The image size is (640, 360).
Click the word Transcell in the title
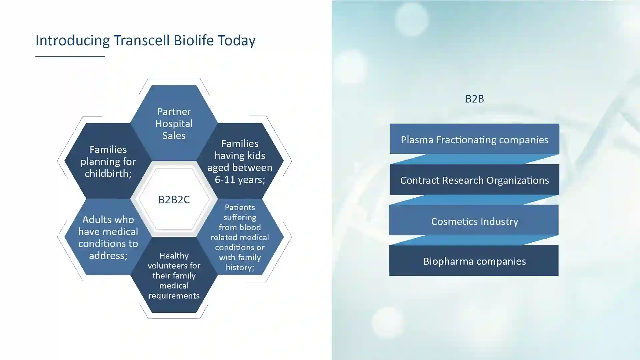click(x=142, y=40)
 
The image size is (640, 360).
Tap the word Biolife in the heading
click(x=194, y=40)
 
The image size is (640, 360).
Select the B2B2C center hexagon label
click(x=174, y=199)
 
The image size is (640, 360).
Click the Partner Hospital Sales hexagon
click(x=174, y=123)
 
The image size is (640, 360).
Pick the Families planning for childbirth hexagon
click(x=108, y=161)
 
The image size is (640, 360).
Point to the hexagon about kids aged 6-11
click(x=240, y=161)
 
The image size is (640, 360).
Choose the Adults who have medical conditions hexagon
click(x=108, y=237)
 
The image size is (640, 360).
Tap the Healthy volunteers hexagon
click(x=174, y=275)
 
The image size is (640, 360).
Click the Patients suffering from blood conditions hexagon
click(x=240, y=237)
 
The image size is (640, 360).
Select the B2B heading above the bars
click(x=475, y=99)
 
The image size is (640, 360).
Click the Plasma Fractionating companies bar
click(x=475, y=139)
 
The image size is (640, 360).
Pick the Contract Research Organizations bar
click(x=475, y=180)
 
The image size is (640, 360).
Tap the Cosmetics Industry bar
click(x=474, y=220)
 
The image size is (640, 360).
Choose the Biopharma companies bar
click(x=474, y=261)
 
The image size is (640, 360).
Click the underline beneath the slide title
click(x=70, y=57)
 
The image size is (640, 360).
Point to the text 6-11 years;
click(x=240, y=180)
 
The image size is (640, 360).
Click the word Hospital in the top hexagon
click(x=174, y=124)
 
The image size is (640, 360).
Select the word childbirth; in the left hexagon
click(x=108, y=173)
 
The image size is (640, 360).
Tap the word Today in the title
click(x=237, y=40)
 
